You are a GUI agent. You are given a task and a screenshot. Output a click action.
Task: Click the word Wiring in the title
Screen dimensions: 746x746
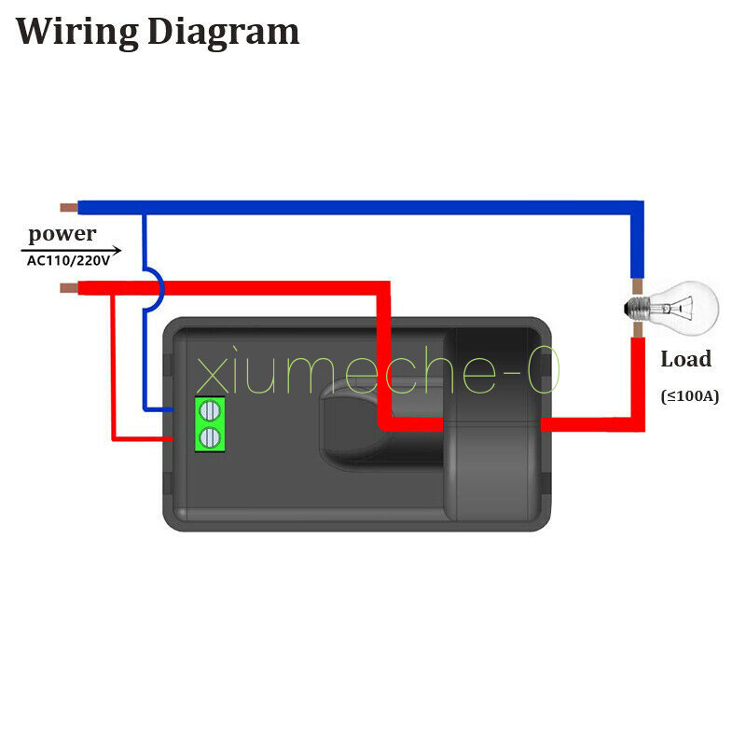tap(77, 33)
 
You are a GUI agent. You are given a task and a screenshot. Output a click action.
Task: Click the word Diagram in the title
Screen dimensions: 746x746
tap(224, 33)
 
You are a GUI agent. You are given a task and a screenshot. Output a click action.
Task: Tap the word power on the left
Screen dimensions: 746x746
tap(62, 234)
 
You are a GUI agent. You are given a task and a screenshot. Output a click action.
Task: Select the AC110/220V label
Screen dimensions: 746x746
tap(68, 261)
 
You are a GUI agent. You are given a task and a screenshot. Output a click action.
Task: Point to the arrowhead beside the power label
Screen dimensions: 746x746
tap(116, 250)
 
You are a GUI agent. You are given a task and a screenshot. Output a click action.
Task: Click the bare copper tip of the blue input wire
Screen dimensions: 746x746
tap(69, 207)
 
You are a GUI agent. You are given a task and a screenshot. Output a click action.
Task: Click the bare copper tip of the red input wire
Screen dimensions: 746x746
tap(69, 288)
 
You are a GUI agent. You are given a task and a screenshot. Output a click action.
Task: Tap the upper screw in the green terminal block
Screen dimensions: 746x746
tap(209, 410)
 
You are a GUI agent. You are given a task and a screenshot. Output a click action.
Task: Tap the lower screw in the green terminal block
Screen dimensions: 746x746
tap(209, 438)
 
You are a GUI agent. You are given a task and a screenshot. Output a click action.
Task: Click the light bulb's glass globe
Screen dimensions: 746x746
tap(687, 308)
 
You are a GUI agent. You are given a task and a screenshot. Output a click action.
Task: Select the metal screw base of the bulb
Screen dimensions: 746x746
tap(637, 309)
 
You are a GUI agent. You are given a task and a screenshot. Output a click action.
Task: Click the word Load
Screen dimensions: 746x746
tap(686, 359)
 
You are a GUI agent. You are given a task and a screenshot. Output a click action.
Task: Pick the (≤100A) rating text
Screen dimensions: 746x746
tap(690, 395)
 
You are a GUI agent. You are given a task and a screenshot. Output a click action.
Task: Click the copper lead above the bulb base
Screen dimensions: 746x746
tap(637, 287)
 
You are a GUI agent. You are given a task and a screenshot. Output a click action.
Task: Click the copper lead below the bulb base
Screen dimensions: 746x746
tap(638, 329)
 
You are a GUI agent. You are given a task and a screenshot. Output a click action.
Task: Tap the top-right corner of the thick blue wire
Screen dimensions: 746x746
tap(643, 201)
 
